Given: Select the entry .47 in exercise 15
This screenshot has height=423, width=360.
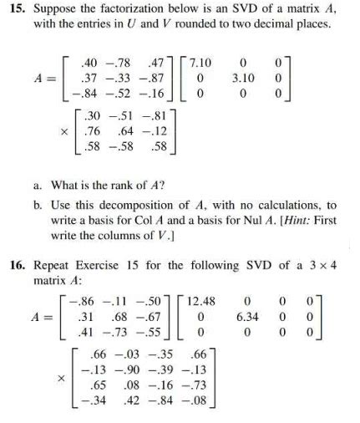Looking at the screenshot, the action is click(x=155, y=63).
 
